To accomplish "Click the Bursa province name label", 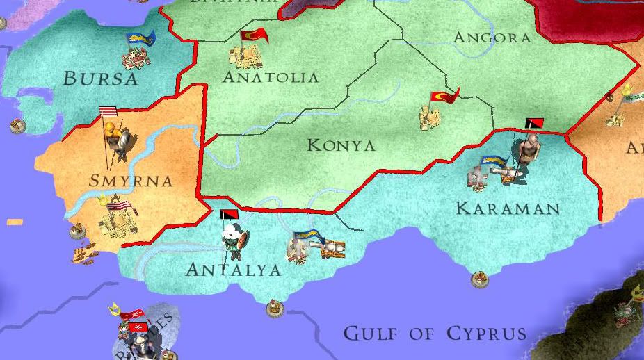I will [x=101, y=78].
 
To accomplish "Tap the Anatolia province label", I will [x=271, y=76].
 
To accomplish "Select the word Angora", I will [x=491, y=38].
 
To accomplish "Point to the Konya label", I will [x=341, y=145].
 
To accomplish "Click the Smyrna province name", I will [x=131, y=181].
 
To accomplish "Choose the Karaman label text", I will [x=507, y=208].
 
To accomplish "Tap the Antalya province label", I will [x=233, y=269].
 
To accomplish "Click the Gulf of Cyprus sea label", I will [x=435, y=334].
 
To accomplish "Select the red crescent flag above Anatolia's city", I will [x=254, y=35].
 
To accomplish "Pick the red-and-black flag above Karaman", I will [x=534, y=124].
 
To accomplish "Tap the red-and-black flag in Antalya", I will [x=228, y=215].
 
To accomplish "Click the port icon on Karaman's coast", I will [x=479, y=279].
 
